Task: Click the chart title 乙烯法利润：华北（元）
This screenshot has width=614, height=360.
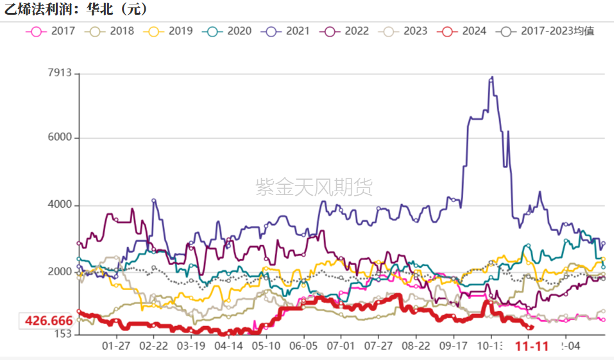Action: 76,9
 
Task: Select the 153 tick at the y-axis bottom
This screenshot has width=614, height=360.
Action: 62,334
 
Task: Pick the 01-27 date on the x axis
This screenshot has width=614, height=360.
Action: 116,346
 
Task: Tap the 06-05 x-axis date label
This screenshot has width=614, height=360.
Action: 303,346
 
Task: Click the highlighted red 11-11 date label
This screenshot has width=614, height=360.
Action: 533,347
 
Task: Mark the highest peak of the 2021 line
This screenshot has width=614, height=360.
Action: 492,77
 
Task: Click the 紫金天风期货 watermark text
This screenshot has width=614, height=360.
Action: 314,187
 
